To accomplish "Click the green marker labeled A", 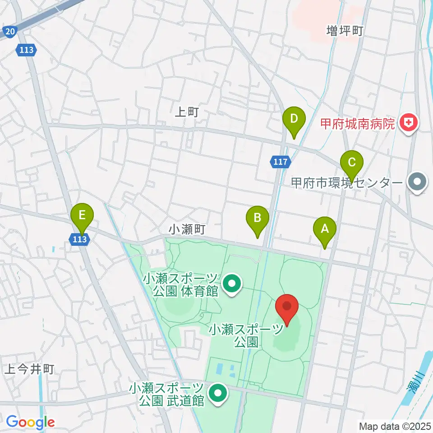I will (325, 229).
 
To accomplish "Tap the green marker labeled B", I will (257, 218).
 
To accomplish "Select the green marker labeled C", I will (352, 162).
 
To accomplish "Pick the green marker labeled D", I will (294, 120).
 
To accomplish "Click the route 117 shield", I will (280, 162).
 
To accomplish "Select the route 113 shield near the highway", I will (27, 50).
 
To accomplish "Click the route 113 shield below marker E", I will (79, 240).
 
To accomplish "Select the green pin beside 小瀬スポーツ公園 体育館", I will (232, 284).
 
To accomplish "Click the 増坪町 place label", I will (345, 31).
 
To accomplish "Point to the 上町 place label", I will (186, 112).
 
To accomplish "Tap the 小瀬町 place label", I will (187, 230).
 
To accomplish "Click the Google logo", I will (30, 423).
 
